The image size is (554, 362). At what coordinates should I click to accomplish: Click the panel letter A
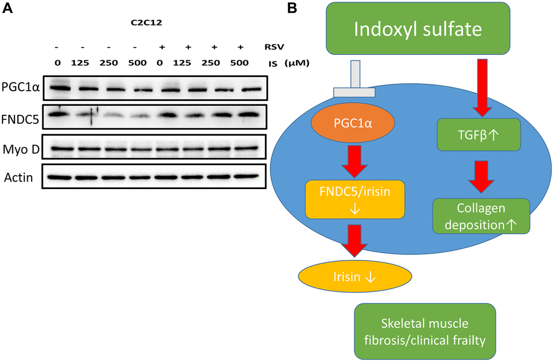coord(8,9)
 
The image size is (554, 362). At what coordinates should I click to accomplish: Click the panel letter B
coord(292,8)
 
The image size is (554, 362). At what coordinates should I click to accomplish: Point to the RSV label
coord(276,47)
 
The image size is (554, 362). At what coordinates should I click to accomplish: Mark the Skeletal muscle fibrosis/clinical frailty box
coord(424,331)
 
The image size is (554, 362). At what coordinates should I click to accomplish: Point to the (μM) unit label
coord(297,63)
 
